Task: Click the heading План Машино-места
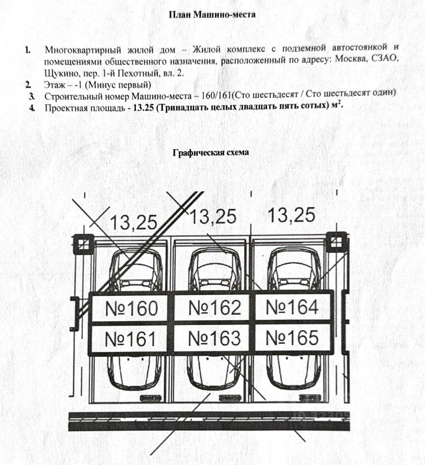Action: [x=212, y=15]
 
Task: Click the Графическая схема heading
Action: [x=211, y=153]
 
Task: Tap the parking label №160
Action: [x=131, y=308]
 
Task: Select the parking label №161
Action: [x=130, y=339]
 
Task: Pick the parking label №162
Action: [x=214, y=307]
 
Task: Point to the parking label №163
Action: [x=214, y=338]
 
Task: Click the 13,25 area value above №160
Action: [x=134, y=222]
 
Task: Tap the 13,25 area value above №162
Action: [x=213, y=217]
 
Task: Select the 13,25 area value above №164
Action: [x=291, y=214]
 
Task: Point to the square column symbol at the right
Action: [x=335, y=242]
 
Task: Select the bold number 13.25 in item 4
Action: [x=141, y=108]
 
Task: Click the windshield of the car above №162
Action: [x=214, y=269]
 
